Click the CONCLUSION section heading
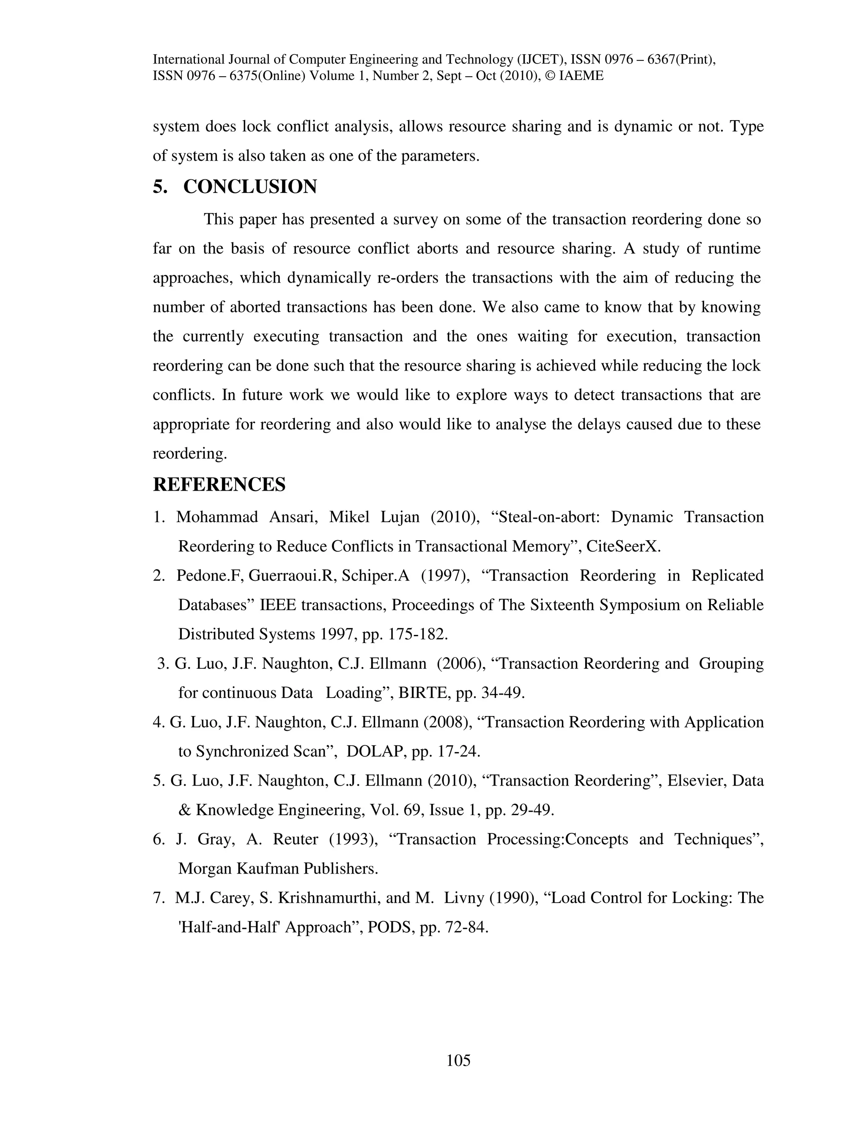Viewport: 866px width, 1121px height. coord(250,187)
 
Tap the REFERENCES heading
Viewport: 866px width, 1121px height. coord(219,484)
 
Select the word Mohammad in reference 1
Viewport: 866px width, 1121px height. coord(217,517)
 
